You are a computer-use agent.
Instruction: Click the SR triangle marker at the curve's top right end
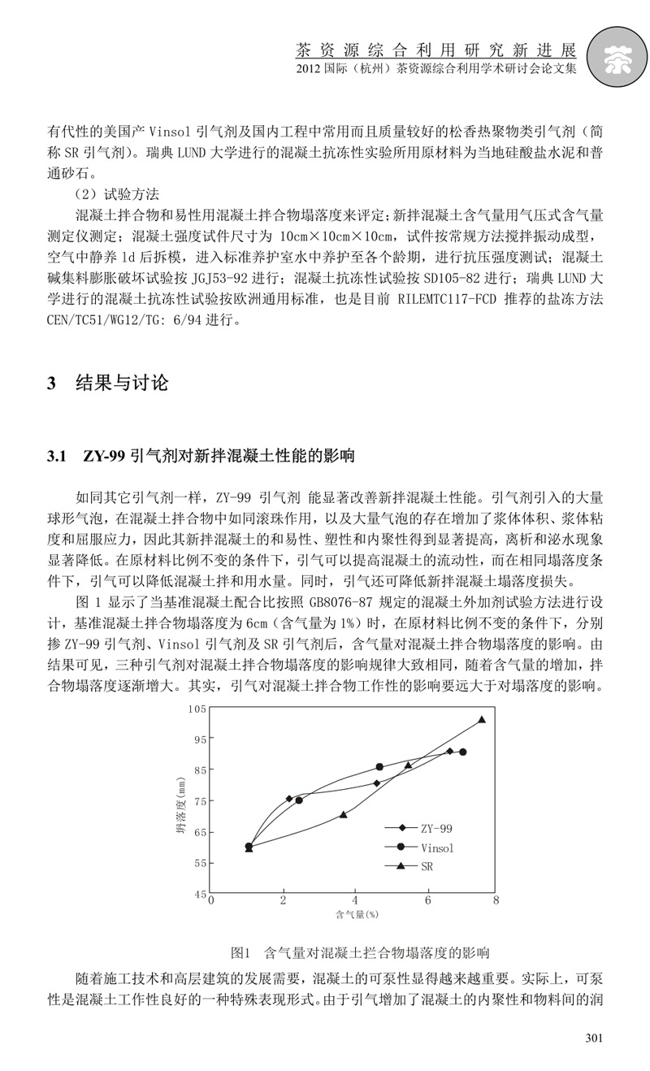click(x=482, y=719)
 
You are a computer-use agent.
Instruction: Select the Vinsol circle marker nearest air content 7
click(x=462, y=752)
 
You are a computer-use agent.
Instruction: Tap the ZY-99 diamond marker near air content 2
click(x=289, y=798)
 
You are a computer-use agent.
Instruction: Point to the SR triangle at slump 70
click(x=344, y=814)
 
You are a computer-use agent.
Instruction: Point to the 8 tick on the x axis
click(x=495, y=900)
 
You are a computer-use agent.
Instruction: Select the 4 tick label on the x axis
click(x=353, y=900)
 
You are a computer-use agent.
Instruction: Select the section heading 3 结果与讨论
click(x=108, y=383)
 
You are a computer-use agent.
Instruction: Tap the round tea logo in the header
click(x=616, y=57)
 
